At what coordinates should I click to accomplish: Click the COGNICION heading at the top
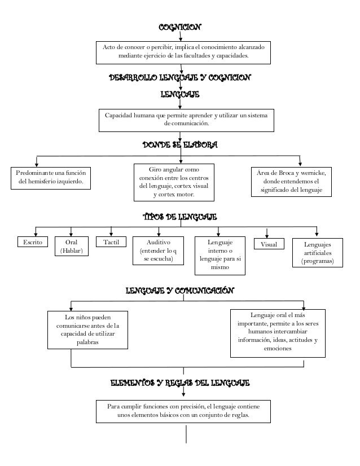pyautogui.click(x=179, y=27)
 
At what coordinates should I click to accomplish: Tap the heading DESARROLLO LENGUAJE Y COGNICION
pyautogui.click(x=179, y=77)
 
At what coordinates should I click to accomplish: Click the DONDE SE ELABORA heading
pyautogui.click(x=179, y=145)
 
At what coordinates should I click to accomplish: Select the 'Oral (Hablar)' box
pyautogui.click(x=71, y=247)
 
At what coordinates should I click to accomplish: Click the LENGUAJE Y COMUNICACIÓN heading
pyautogui.click(x=179, y=291)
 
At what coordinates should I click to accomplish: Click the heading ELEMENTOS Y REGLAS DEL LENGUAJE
pyautogui.click(x=179, y=384)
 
